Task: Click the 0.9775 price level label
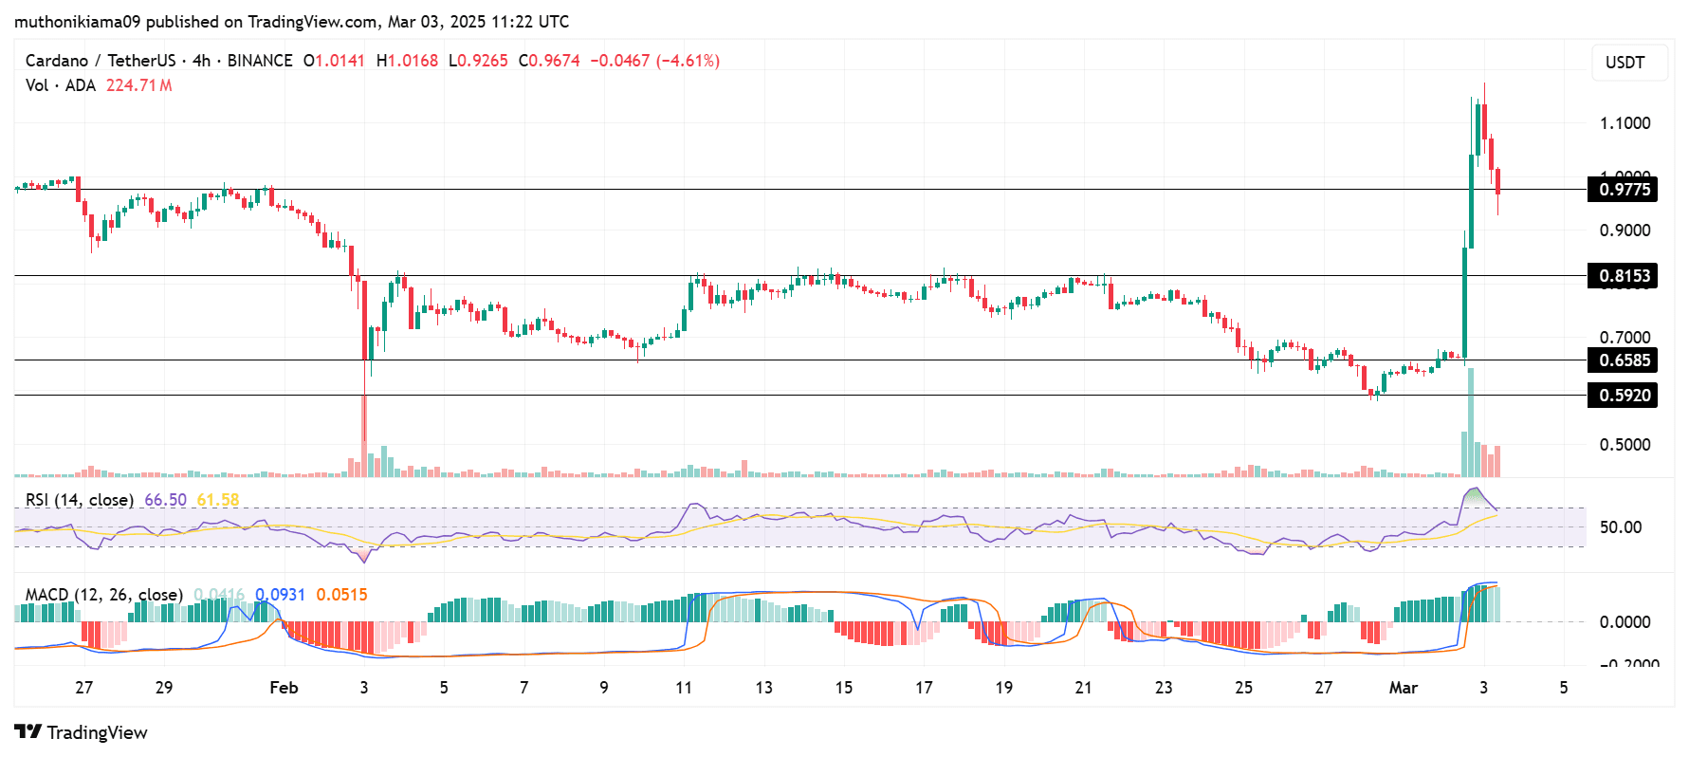pyautogui.click(x=1624, y=189)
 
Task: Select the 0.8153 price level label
pyautogui.click(x=1624, y=276)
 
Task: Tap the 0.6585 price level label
pyautogui.click(x=1624, y=360)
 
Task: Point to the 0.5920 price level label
pyautogui.click(x=1624, y=395)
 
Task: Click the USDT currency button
pyautogui.click(x=1625, y=63)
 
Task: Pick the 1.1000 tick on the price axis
pyautogui.click(x=1625, y=123)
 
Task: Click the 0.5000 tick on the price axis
pyautogui.click(x=1625, y=445)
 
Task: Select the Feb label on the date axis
pyautogui.click(x=284, y=688)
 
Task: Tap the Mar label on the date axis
pyautogui.click(x=1403, y=688)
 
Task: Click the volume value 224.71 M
pyautogui.click(x=138, y=85)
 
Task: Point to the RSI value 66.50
pyautogui.click(x=165, y=500)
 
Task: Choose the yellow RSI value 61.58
pyautogui.click(x=217, y=500)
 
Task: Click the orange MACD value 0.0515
pyautogui.click(x=341, y=595)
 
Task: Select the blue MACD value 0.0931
pyautogui.click(x=280, y=595)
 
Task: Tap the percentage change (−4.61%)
pyautogui.click(x=688, y=61)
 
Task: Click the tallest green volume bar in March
pyautogui.click(x=1471, y=422)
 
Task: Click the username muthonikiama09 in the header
pyautogui.click(x=77, y=21)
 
